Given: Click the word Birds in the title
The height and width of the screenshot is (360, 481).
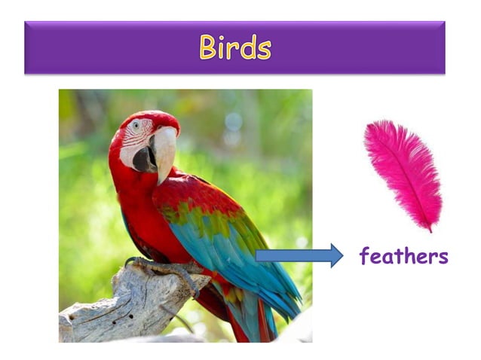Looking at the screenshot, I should [x=234, y=47].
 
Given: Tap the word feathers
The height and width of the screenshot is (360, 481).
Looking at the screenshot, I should [x=403, y=256].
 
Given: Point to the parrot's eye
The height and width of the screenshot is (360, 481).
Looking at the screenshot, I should [x=136, y=126].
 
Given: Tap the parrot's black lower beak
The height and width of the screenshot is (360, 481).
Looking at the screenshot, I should [x=145, y=159].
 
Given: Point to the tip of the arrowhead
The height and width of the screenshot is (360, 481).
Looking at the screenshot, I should [x=343, y=256].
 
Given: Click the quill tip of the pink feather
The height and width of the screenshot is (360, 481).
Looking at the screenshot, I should [x=431, y=228].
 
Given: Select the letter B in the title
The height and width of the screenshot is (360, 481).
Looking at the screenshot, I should [x=208, y=47].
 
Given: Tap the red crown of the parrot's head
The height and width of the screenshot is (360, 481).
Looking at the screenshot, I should [x=151, y=117].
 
